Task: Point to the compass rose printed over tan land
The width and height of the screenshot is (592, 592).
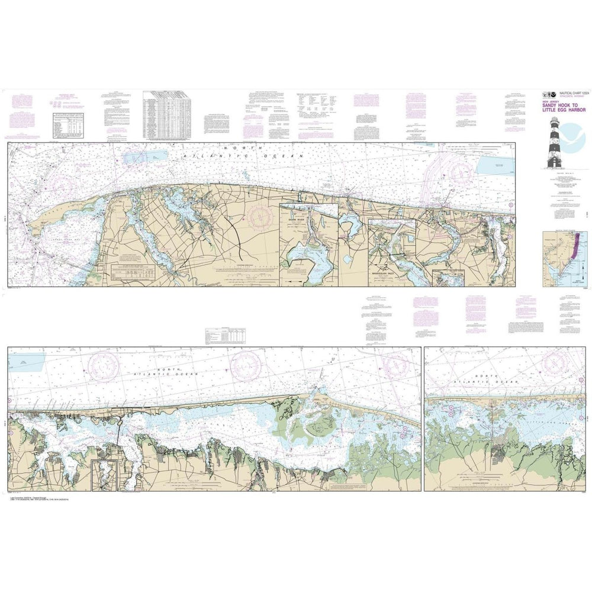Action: pos(260,215)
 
